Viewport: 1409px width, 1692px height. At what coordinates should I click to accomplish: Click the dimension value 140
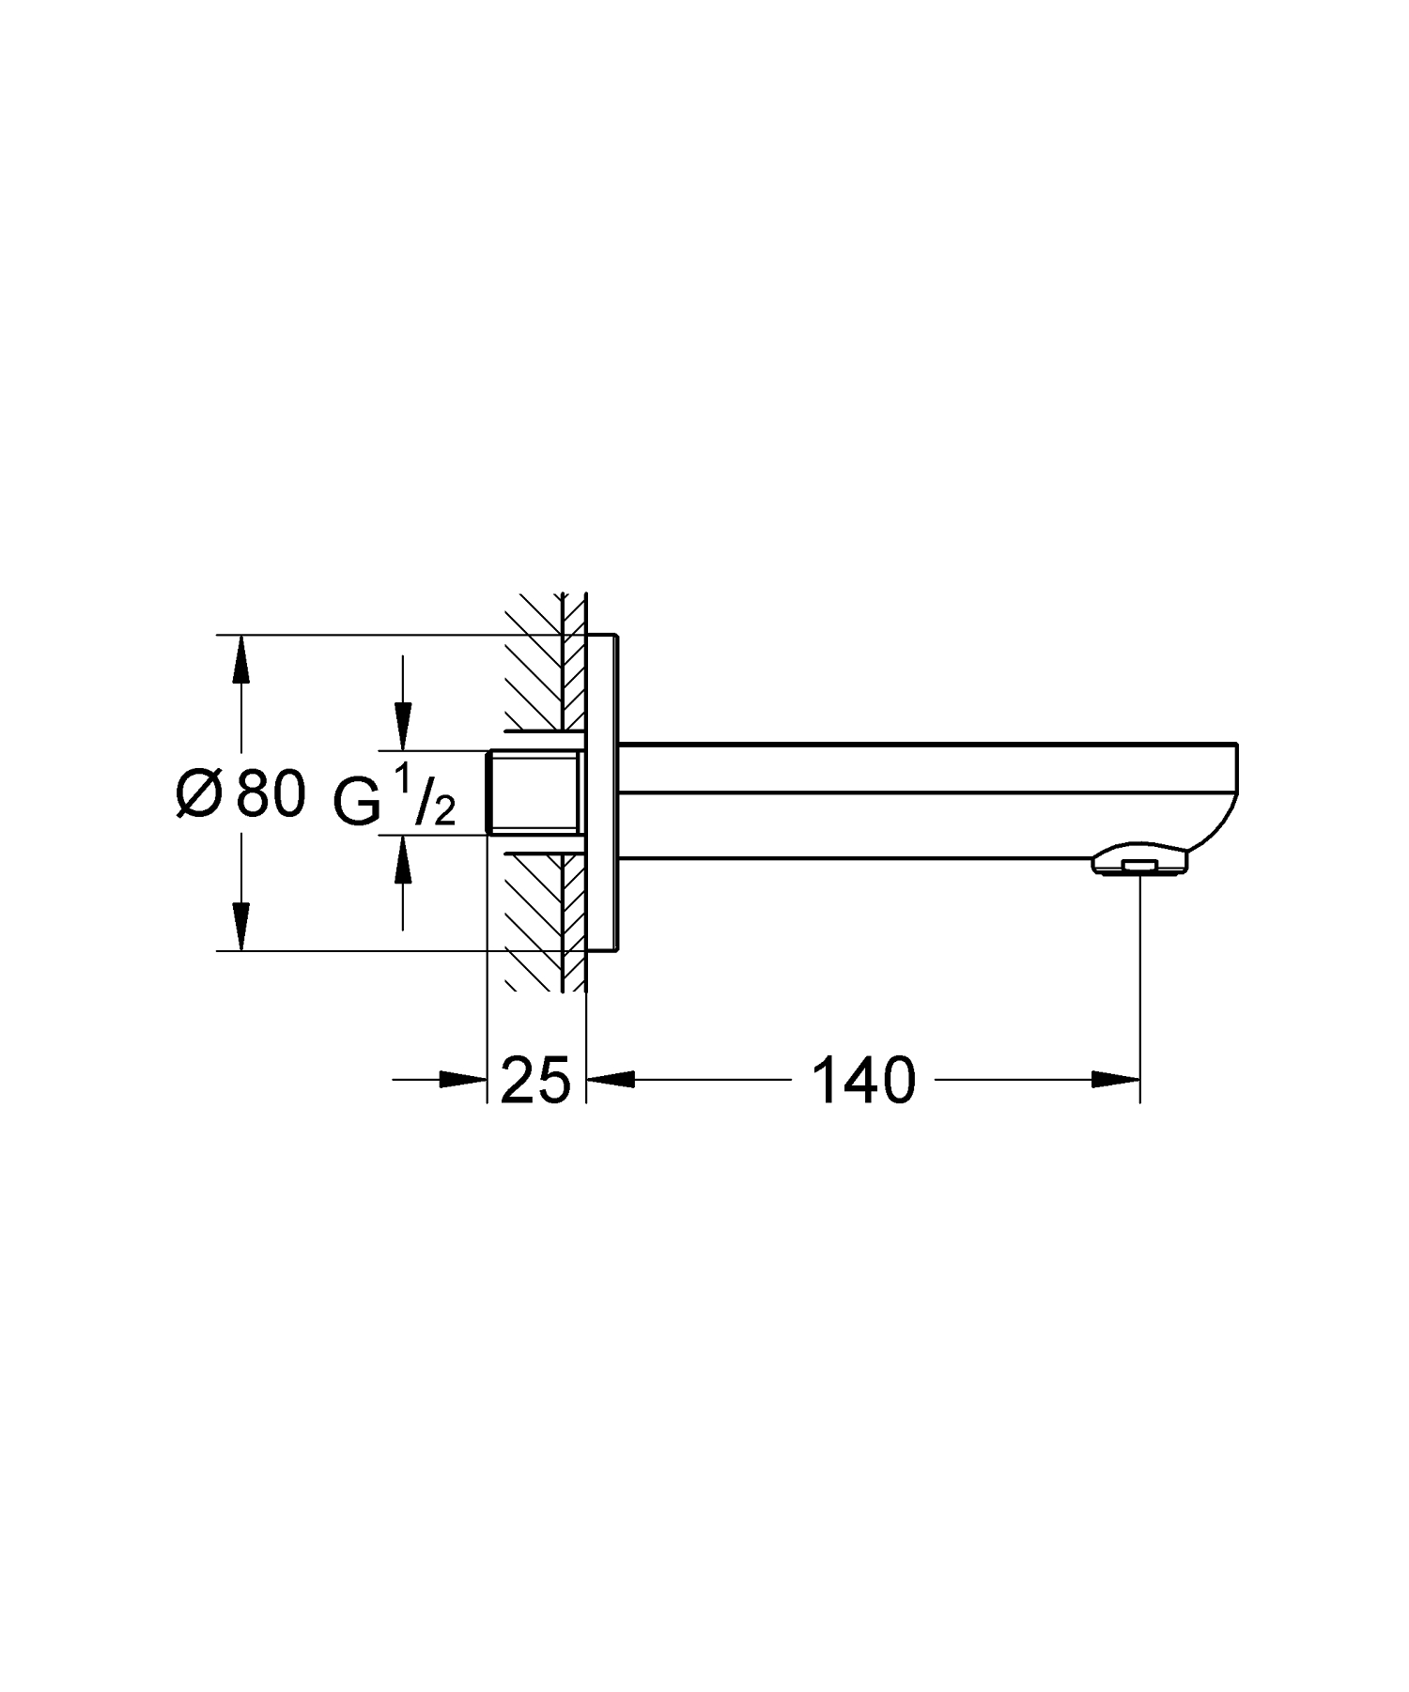[x=863, y=1081]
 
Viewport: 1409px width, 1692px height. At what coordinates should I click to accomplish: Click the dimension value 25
[x=535, y=1081]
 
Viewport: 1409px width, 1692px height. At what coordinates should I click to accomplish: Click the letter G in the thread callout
[x=357, y=801]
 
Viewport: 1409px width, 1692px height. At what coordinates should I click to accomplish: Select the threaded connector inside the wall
[x=533, y=792]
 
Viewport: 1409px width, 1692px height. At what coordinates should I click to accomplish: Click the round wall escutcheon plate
[x=601, y=793]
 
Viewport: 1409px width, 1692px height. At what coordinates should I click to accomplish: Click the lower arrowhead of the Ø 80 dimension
[x=241, y=927]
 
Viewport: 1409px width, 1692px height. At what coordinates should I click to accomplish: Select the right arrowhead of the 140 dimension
[x=1116, y=1081]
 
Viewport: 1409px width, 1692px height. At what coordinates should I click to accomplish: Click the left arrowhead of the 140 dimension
[x=611, y=1081]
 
